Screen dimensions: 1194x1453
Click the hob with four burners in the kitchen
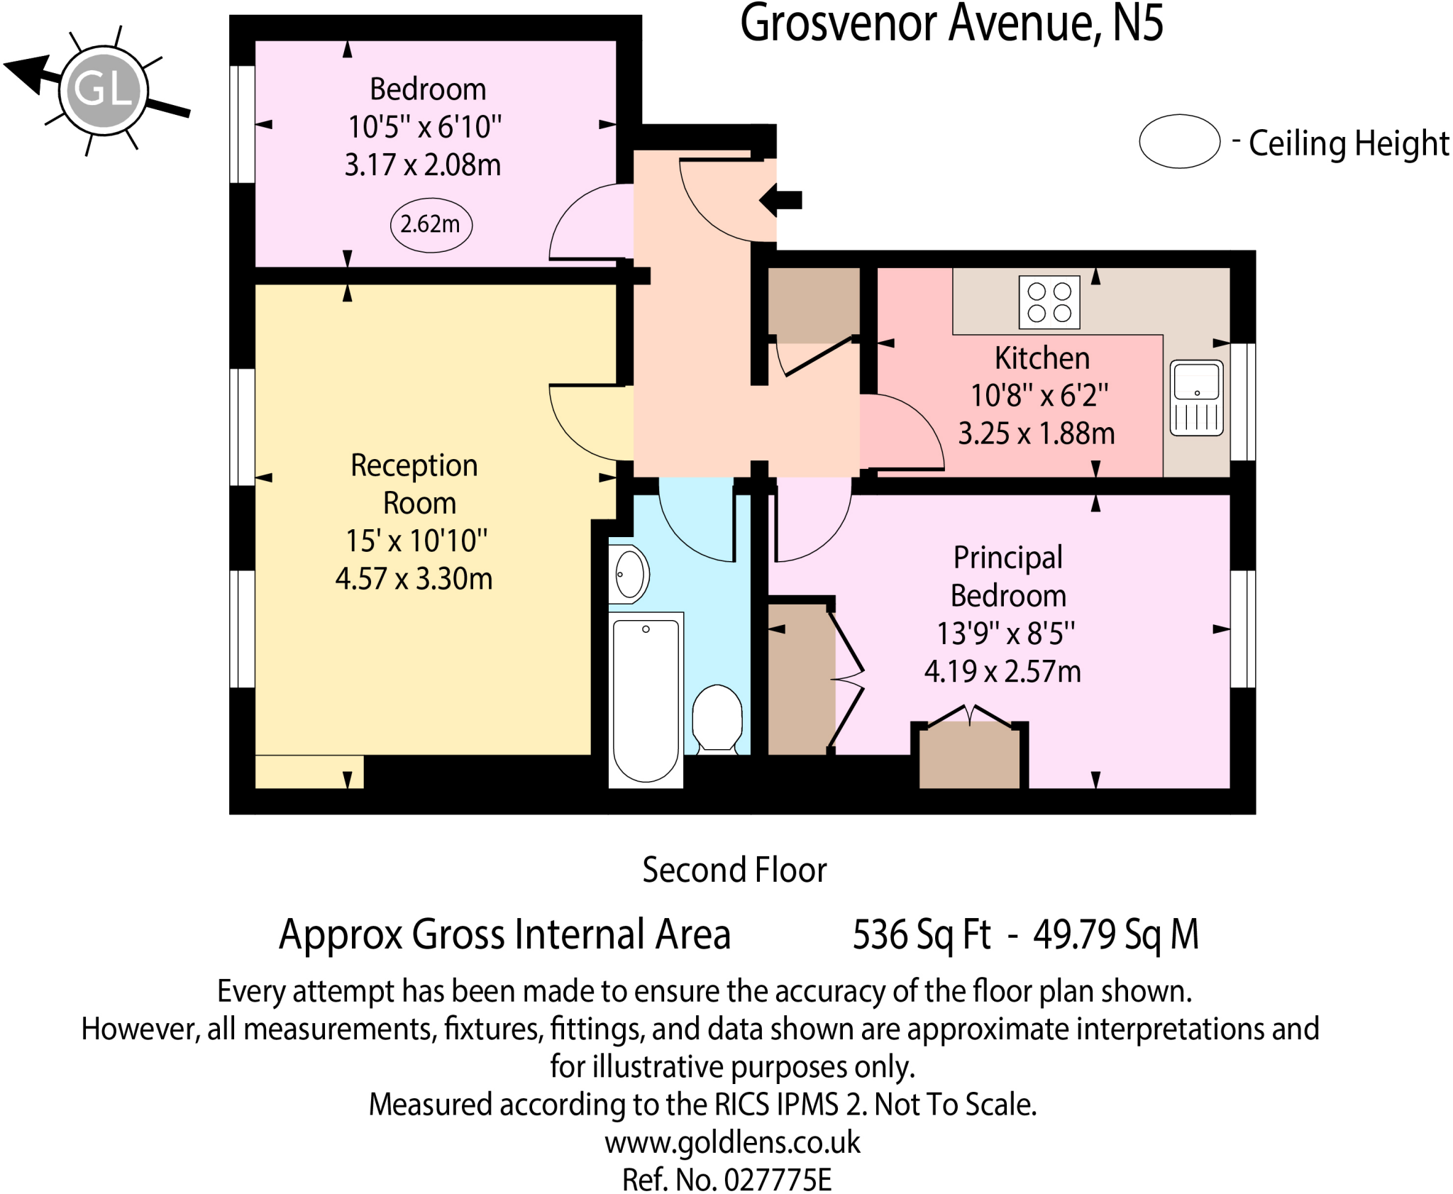pyautogui.click(x=1049, y=302)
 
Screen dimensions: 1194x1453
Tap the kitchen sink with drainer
pyautogui.click(x=1196, y=398)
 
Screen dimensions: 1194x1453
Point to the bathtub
pyautogui.click(x=646, y=700)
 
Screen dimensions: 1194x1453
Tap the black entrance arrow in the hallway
pyautogui.click(x=780, y=200)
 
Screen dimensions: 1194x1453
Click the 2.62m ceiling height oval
pyautogui.click(x=431, y=225)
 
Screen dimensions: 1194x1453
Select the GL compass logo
pyautogui.click(x=104, y=91)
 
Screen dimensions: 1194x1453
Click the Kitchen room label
pyautogui.click(x=1042, y=358)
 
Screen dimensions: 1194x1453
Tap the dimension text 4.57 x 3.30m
pyautogui.click(x=414, y=579)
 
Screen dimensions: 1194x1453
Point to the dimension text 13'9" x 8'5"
pyautogui.click(x=1005, y=634)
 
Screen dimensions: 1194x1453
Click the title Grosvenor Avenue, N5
pyautogui.click(x=951, y=24)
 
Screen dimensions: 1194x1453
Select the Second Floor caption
pyautogui.click(x=734, y=870)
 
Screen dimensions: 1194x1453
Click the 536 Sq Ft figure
pyautogui.click(x=921, y=934)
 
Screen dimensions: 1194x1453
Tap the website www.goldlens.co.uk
pyautogui.click(x=732, y=1142)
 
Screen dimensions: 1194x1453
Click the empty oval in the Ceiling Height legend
pyautogui.click(x=1179, y=141)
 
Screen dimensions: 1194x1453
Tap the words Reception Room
pyautogui.click(x=414, y=484)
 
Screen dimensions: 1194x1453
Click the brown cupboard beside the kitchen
pyautogui.click(x=813, y=304)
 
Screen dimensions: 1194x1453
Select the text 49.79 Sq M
pyautogui.click(x=1115, y=934)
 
